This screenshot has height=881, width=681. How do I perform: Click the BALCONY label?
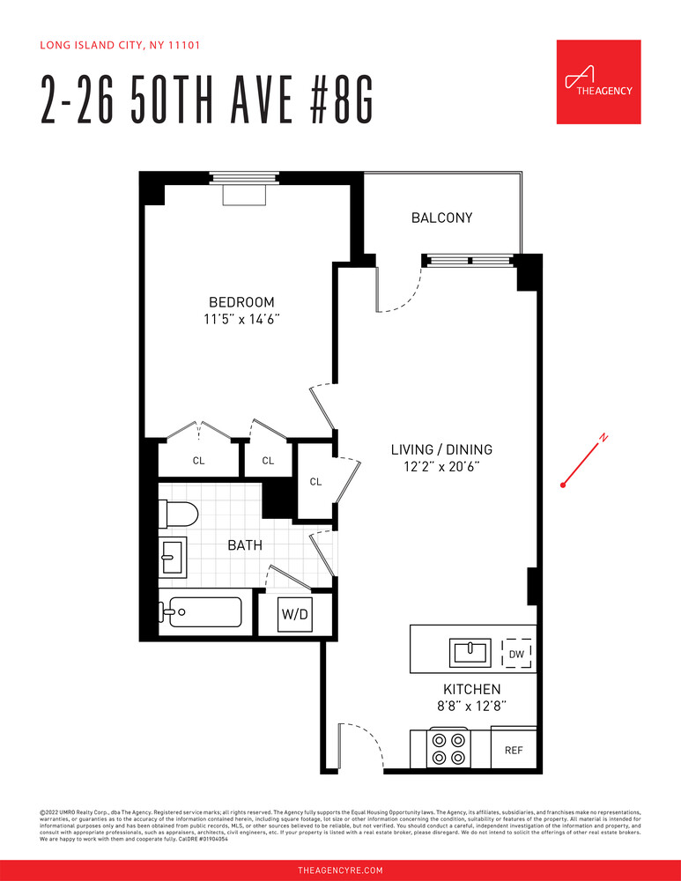click(x=441, y=218)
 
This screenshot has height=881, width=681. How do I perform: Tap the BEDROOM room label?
click(x=241, y=301)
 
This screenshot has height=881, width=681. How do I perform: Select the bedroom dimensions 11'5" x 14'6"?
click(x=241, y=319)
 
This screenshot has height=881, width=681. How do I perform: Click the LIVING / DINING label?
click(x=440, y=449)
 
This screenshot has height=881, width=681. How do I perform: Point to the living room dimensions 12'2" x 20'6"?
click(x=440, y=467)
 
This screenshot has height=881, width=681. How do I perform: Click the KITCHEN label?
click(x=471, y=689)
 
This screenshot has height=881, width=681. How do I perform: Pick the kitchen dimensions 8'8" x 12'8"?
click(x=471, y=706)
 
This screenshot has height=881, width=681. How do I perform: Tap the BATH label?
click(x=245, y=545)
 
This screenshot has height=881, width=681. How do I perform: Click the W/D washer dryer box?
click(x=293, y=614)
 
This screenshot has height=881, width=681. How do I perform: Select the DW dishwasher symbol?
click(x=516, y=654)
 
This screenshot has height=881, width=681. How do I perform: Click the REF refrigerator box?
click(x=514, y=751)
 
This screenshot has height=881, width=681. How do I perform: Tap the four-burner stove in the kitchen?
click(x=448, y=748)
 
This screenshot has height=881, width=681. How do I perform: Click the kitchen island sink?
click(x=470, y=653)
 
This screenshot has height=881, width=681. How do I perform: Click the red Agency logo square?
click(x=598, y=82)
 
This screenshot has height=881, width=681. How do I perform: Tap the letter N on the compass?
click(x=603, y=438)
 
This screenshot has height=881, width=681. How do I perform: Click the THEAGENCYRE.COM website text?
click(x=340, y=870)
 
